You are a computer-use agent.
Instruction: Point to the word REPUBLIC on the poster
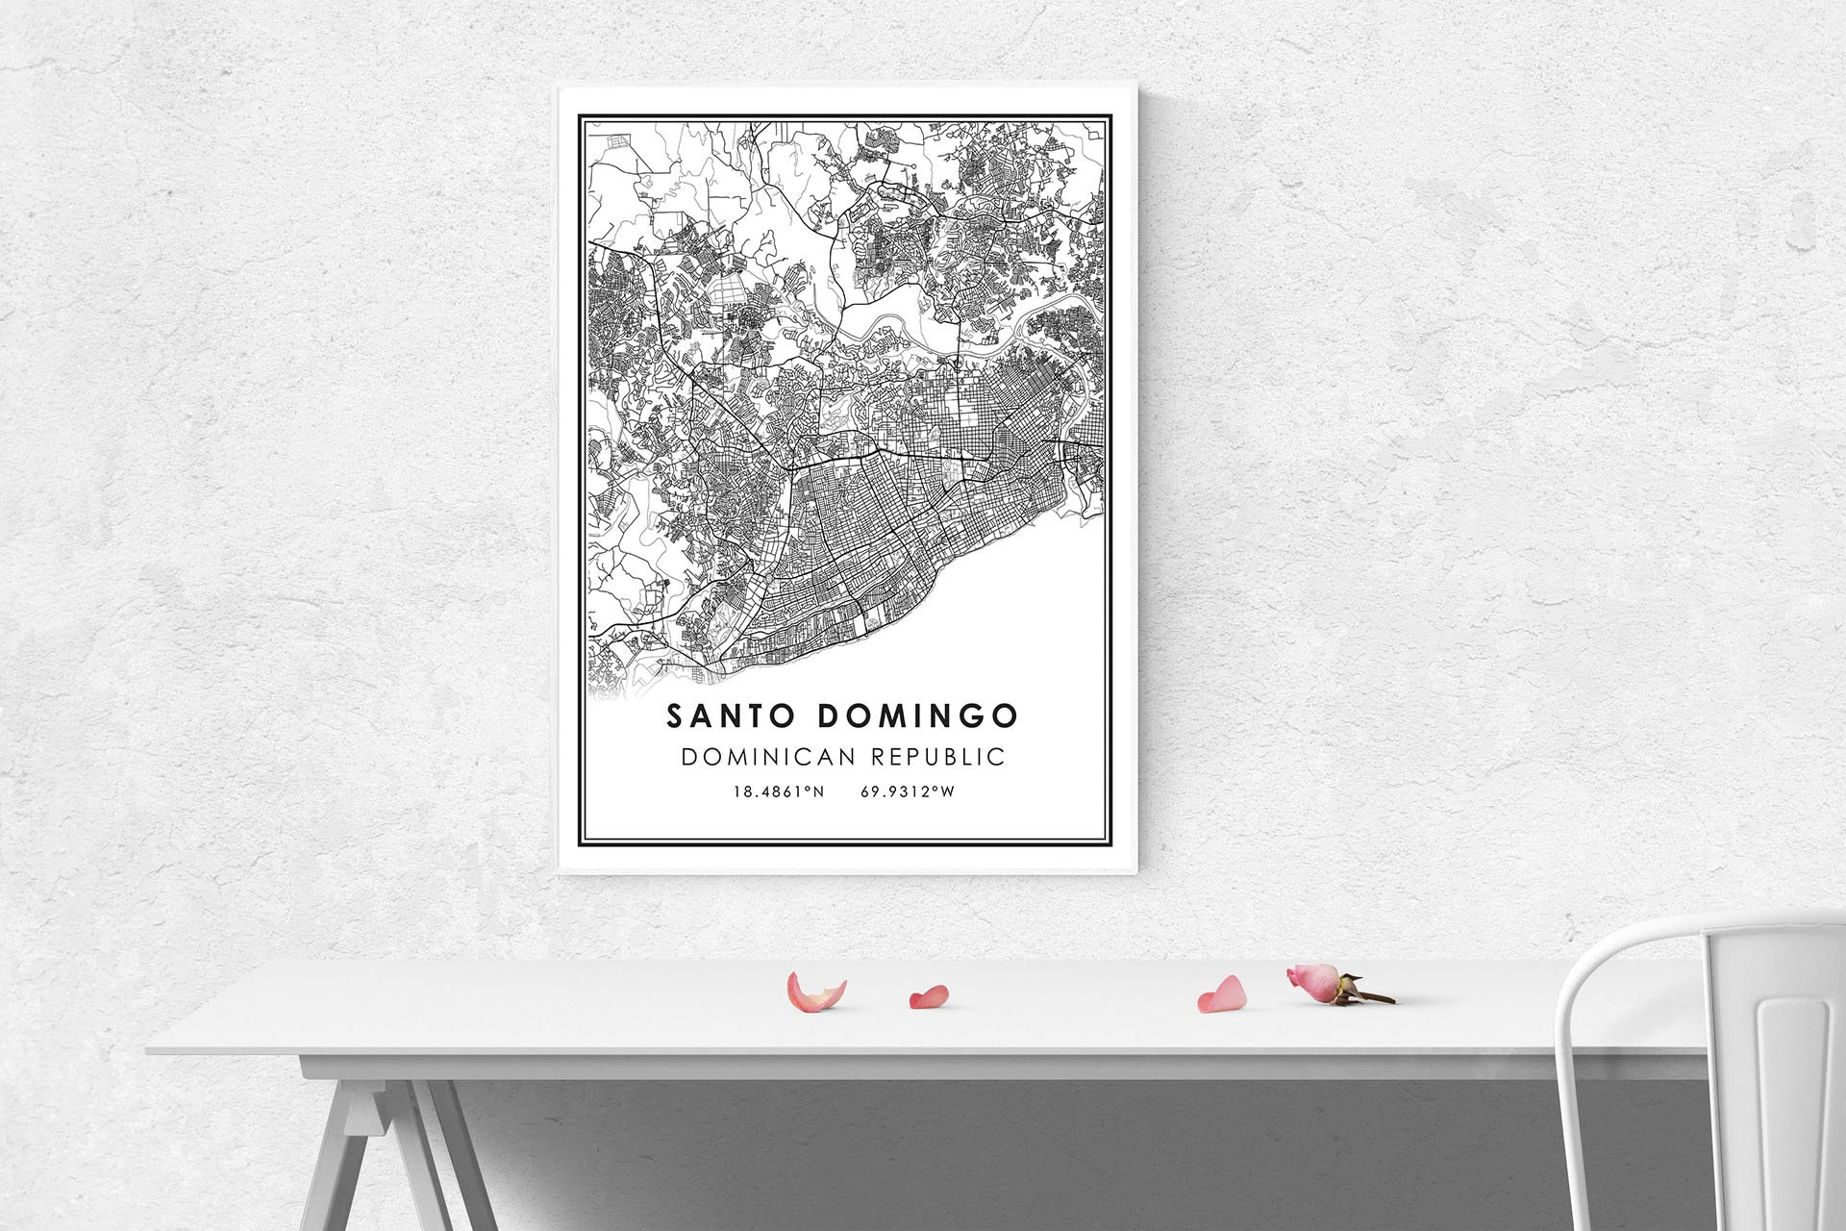pyautogui.click(x=937, y=757)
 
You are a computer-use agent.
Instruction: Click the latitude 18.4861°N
pyautogui.click(x=779, y=792)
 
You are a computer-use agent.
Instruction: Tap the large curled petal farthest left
pyautogui.click(x=815, y=992)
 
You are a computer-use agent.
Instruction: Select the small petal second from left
pyautogui.click(x=929, y=997)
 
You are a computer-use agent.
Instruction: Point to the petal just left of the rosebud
pyautogui.click(x=1222, y=995)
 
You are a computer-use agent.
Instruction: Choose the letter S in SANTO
pyautogui.click(x=674, y=716)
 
